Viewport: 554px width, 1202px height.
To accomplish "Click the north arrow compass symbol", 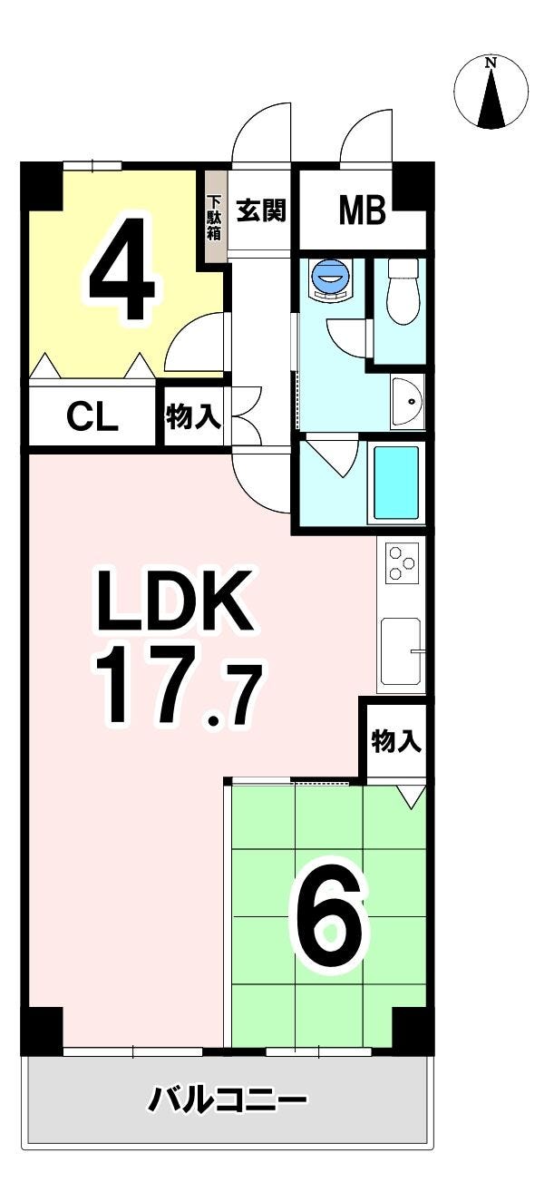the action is pos(491,93).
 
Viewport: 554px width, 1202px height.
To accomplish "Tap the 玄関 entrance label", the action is pos(262,210).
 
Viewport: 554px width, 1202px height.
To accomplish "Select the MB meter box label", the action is pos(362,210).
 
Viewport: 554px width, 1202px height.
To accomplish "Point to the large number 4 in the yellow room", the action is pos(125,268).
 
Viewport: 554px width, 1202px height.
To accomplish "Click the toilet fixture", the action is pos(403,291).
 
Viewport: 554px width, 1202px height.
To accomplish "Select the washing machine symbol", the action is pos(330,280).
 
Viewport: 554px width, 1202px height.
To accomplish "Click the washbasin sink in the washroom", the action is pos(408,401).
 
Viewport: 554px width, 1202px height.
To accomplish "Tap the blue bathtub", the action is pos(396,482).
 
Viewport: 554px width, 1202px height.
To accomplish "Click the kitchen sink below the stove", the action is pos(401,651).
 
